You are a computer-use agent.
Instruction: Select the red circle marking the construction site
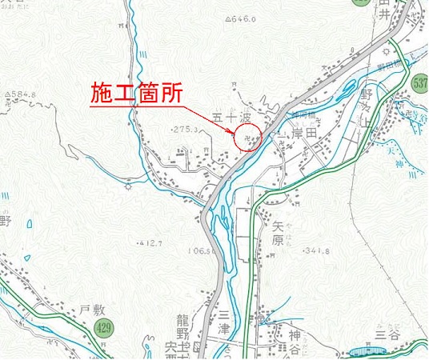tap(249, 135)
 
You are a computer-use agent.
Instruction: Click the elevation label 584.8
tap(22, 94)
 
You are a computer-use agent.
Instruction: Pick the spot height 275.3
tap(186, 128)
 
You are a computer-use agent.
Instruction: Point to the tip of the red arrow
tap(237, 133)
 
